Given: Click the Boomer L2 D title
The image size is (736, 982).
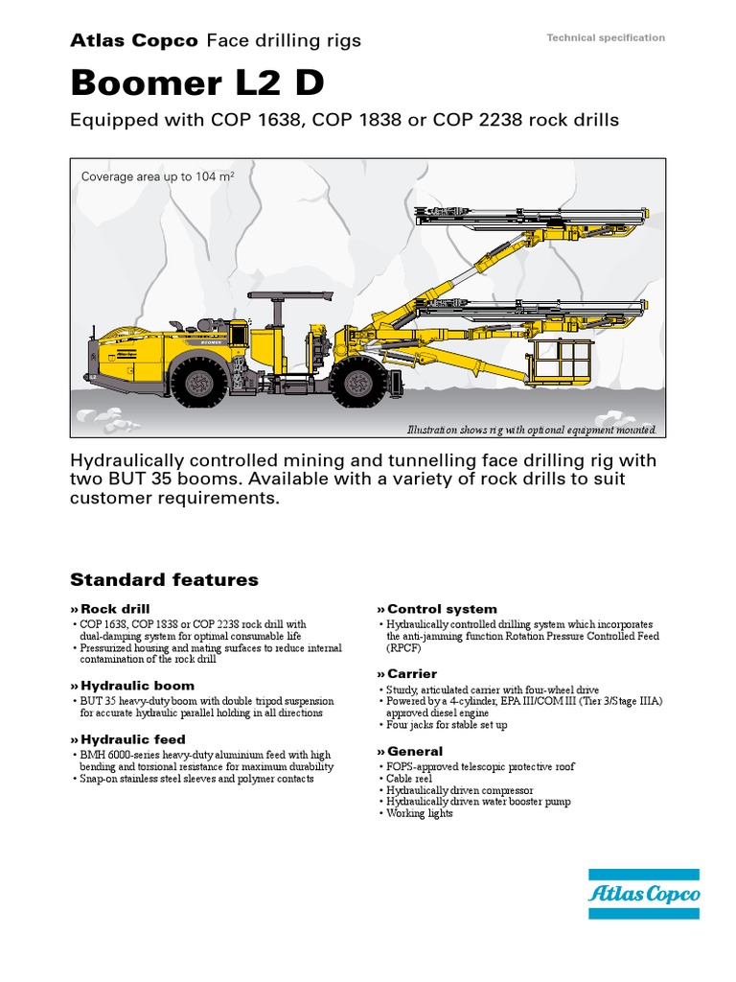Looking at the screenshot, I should [197, 83].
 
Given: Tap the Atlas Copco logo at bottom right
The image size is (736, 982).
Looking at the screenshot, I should [644, 894].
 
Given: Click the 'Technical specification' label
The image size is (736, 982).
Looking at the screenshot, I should [605, 37].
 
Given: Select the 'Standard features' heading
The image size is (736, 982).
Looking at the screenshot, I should [164, 579].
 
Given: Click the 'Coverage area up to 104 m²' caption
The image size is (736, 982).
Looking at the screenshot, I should [158, 176].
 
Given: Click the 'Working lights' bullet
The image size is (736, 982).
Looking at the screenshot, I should [419, 813].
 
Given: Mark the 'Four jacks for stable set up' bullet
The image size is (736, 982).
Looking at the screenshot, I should [447, 725].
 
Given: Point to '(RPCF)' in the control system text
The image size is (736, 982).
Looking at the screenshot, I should [404, 648].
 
